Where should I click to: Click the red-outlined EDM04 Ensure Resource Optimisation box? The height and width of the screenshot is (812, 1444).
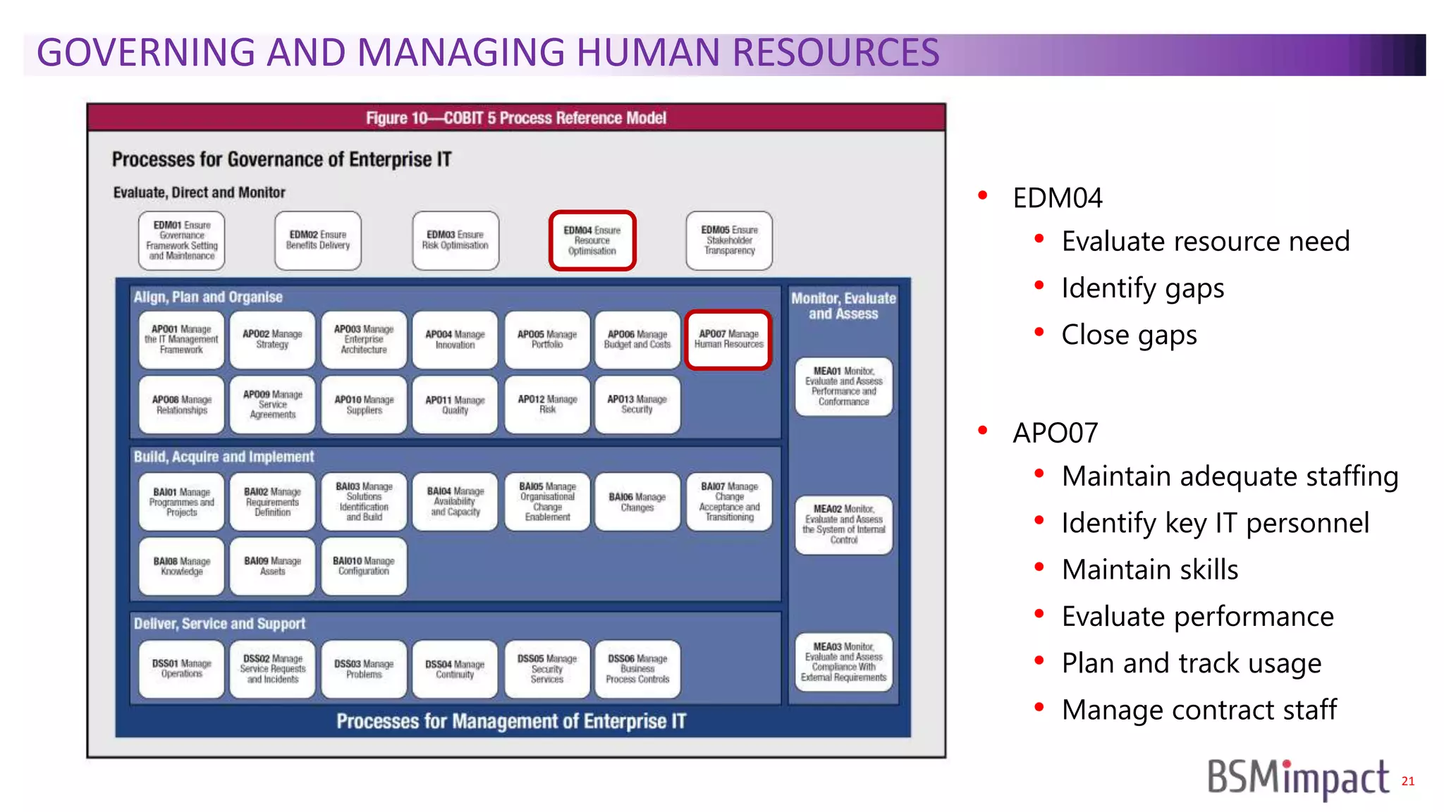point(592,240)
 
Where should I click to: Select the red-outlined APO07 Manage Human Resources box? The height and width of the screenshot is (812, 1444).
point(728,340)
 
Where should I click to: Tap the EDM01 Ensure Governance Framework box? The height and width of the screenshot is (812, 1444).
point(181,240)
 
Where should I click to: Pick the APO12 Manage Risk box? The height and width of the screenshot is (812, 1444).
point(547,405)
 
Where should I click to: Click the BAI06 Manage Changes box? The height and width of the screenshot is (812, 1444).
point(637,502)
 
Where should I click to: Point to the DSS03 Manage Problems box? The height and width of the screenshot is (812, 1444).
point(364,669)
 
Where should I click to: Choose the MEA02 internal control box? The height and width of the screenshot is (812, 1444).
point(843,525)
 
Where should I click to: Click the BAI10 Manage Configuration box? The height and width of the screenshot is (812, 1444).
point(364,566)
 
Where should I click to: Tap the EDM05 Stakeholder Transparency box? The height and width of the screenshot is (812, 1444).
point(729,240)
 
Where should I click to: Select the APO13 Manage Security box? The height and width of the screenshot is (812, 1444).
point(637,405)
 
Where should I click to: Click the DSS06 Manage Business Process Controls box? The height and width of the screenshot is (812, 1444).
point(637,669)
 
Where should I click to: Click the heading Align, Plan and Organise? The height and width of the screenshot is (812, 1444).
point(208,297)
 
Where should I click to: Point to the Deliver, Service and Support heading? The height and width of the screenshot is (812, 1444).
point(219,624)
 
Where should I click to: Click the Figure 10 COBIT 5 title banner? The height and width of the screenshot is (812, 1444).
point(515,118)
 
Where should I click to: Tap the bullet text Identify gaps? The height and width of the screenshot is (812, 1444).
point(1142,288)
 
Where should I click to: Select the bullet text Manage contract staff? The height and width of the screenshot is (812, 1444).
point(1199,710)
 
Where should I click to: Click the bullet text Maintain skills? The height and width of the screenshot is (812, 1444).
point(1149,570)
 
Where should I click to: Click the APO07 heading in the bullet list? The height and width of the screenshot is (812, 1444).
point(1055,433)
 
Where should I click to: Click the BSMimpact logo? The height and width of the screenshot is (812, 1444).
point(1297,778)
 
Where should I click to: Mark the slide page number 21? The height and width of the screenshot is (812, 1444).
point(1407,781)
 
